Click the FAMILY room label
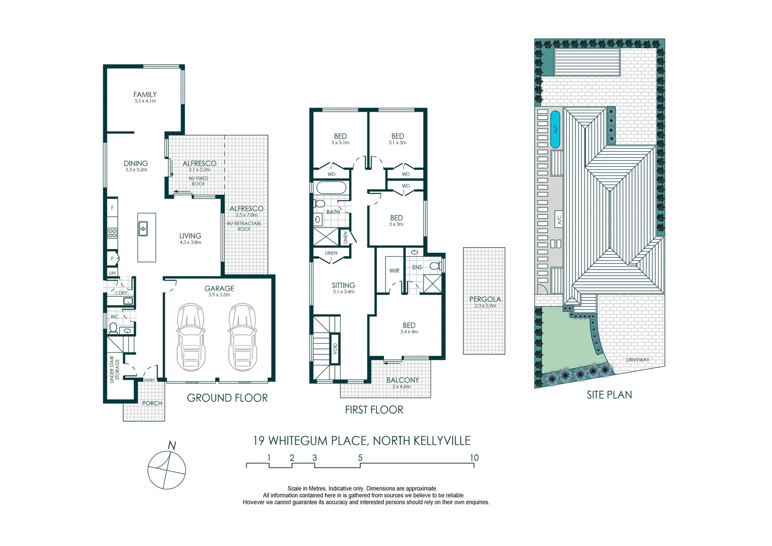click(x=145, y=95)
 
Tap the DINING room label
click(x=136, y=163)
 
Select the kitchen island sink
click(x=143, y=229)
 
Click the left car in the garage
click(x=191, y=337)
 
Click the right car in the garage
click(x=242, y=337)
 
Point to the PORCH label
click(x=152, y=403)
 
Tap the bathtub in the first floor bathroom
click(x=331, y=188)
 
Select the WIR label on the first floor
click(x=394, y=271)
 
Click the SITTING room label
click(x=343, y=285)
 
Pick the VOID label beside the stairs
click(x=335, y=349)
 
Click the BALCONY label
click(x=402, y=380)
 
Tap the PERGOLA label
click(x=485, y=299)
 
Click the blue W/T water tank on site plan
click(x=555, y=129)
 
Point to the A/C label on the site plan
click(x=559, y=220)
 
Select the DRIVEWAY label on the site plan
click(x=637, y=360)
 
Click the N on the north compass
click(x=172, y=446)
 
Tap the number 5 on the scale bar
click(x=360, y=458)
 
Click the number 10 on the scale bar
click(x=473, y=458)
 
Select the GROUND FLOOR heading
click(x=227, y=398)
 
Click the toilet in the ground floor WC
click(x=113, y=329)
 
